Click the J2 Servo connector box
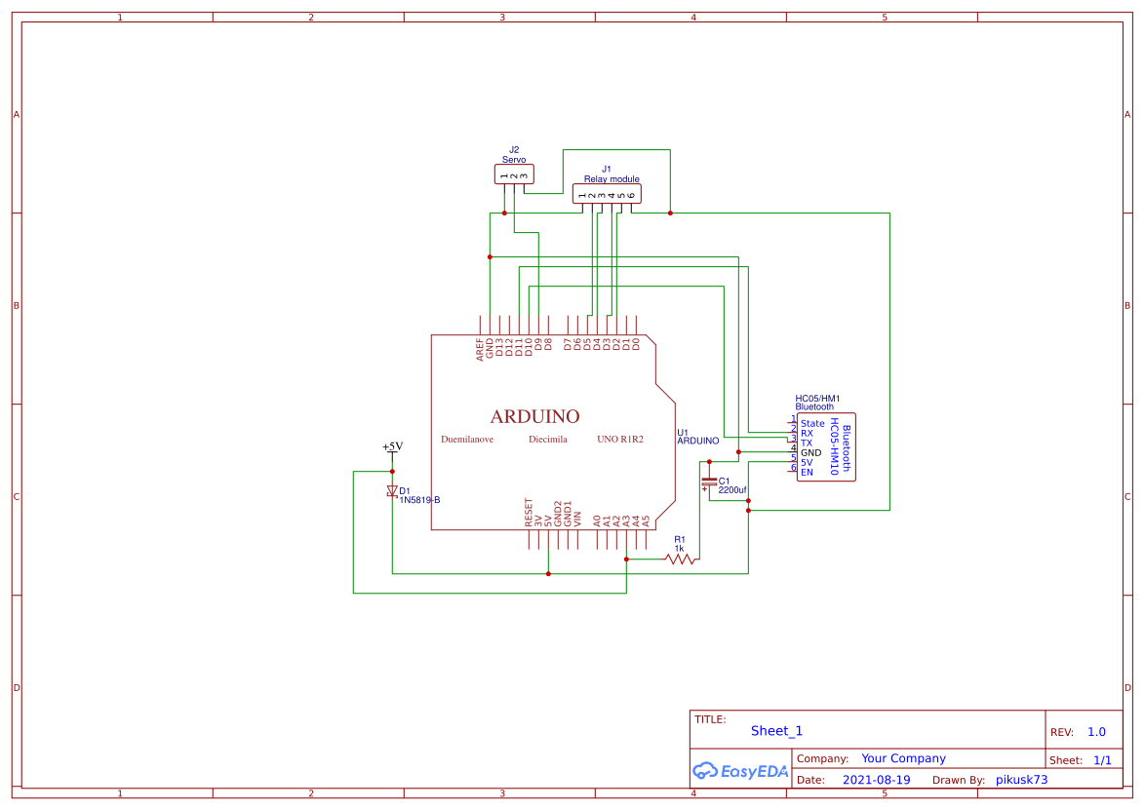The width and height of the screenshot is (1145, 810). point(514,174)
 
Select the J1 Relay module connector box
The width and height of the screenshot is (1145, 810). point(607,194)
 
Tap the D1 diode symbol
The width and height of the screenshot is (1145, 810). point(392,491)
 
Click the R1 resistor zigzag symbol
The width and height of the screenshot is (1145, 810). point(680,559)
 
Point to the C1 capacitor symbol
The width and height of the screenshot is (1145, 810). point(709,482)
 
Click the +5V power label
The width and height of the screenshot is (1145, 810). point(392,446)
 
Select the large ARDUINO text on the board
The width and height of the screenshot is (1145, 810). point(534,416)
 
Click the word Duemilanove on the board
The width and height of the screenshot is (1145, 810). point(467,440)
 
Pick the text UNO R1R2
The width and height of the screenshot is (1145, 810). point(620,440)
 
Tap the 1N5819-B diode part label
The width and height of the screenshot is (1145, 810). point(419,500)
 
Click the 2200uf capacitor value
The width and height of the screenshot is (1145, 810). point(732,490)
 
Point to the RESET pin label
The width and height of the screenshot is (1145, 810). point(529,513)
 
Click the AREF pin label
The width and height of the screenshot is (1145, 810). point(480,349)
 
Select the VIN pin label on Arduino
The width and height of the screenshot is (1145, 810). point(577,519)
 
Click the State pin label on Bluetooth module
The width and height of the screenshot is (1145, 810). point(812,424)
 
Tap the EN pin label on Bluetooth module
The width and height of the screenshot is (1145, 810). point(807,473)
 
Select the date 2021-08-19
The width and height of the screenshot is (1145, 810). point(876,780)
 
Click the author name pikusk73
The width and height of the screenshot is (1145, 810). point(1014,780)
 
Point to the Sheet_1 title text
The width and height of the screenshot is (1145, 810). point(776,731)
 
